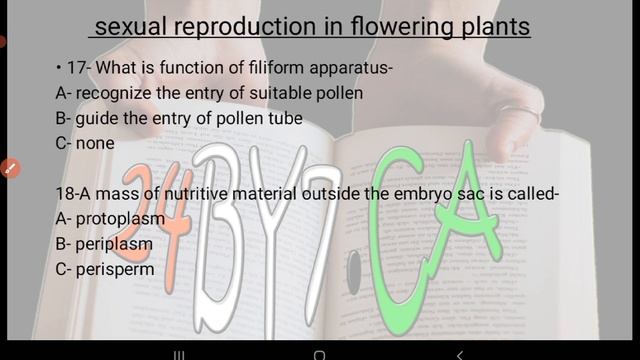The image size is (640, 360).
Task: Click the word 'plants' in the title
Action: pos(492,27)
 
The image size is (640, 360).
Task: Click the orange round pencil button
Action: pos(10,168)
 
